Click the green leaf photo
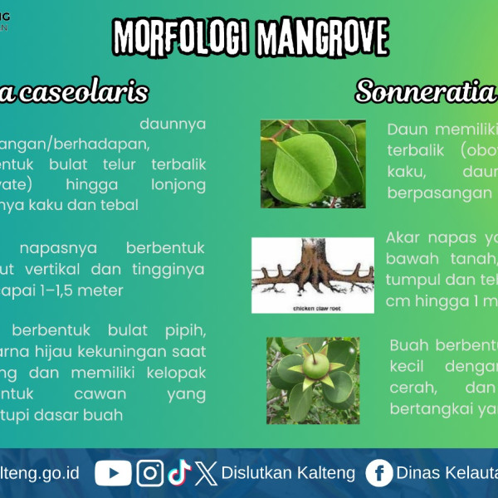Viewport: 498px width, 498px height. [312, 164]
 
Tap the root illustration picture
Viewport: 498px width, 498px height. [312, 275]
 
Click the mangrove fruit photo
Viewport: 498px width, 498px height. [313, 380]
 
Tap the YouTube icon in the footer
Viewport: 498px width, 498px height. [113, 473]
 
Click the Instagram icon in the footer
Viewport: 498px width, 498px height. [150, 473]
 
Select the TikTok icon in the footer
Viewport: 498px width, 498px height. [178, 473]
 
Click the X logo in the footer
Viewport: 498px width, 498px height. [207, 474]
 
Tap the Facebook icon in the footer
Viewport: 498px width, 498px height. [379, 473]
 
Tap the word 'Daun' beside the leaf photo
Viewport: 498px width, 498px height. [406, 129]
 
